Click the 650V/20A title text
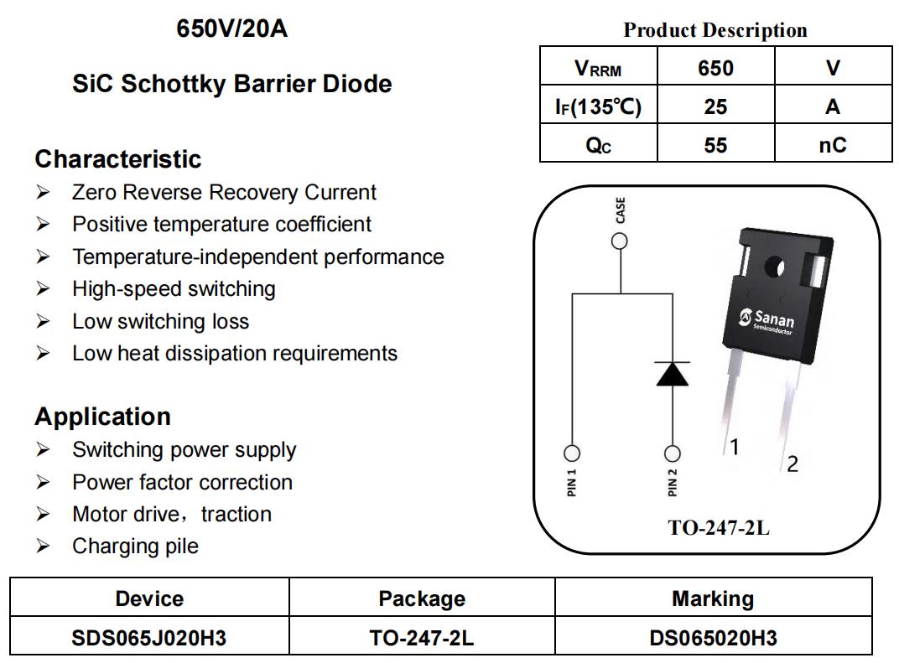point(231,28)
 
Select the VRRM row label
point(598,69)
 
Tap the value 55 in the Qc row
point(715,145)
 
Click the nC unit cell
point(833,145)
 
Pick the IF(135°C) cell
point(598,106)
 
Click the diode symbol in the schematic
point(672,374)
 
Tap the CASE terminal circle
point(619,241)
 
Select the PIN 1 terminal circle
point(572,453)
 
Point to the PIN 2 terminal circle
point(672,453)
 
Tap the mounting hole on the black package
point(774,267)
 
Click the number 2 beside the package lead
point(792,464)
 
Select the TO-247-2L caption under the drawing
point(719,527)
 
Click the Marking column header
point(713,598)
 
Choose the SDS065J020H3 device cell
point(149,638)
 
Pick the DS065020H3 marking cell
point(713,638)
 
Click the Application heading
point(102,417)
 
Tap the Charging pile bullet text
point(135,546)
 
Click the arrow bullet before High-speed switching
point(43,289)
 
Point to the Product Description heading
point(715,30)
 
